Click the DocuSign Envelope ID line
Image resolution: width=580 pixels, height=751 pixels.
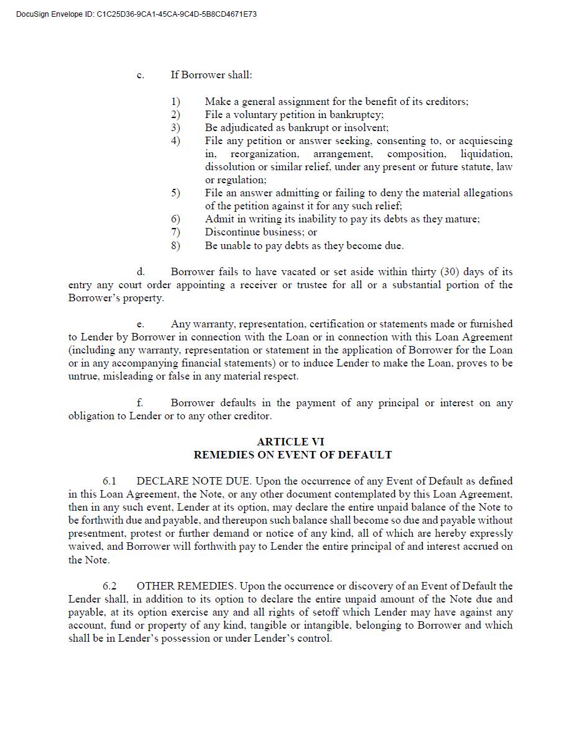tap(136, 14)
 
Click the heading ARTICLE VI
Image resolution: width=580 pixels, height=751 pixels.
tap(290, 442)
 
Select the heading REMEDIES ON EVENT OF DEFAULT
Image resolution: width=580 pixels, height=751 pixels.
tap(292, 455)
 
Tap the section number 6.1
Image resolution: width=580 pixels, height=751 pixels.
tap(109, 481)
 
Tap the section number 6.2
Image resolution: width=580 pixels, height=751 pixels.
tap(109, 586)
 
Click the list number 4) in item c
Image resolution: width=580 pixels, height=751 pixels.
tap(176, 141)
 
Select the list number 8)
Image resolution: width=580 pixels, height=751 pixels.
tap(176, 245)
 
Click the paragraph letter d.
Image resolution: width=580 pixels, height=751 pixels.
tap(140, 271)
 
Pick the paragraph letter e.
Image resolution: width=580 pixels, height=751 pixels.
tap(140, 324)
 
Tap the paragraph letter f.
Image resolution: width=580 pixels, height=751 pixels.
tap(140, 403)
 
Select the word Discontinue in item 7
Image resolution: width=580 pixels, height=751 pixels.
tap(235, 232)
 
